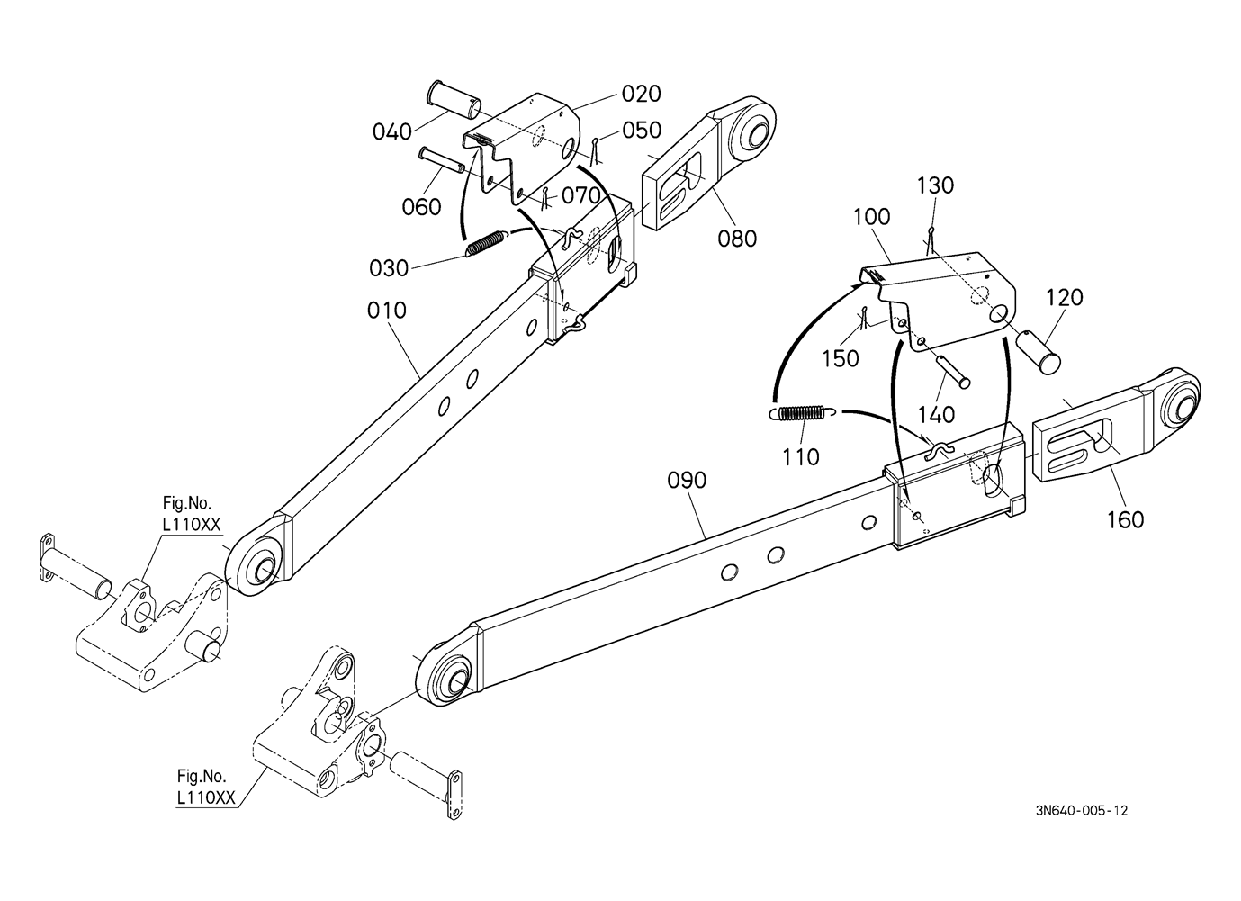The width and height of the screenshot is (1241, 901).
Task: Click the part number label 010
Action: click(x=387, y=311)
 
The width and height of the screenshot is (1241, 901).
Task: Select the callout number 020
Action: click(x=641, y=95)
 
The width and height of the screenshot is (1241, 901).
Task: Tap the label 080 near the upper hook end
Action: click(x=737, y=239)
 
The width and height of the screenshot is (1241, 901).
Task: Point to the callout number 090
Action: click(x=687, y=481)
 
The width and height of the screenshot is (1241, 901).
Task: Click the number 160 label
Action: click(x=1125, y=519)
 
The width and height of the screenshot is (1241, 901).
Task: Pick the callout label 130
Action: click(x=935, y=185)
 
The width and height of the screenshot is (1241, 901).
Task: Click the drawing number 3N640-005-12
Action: click(x=1082, y=810)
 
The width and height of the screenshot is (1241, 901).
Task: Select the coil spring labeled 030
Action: click(x=485, y=244)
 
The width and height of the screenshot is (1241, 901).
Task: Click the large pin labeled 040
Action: click(x=454, y=100)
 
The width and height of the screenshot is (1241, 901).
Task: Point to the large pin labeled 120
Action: click(x=1037, y=354)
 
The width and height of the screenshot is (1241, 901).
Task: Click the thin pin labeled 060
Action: click(x=442, y=159)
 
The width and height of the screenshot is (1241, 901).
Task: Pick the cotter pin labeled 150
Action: click(x=864, y=318)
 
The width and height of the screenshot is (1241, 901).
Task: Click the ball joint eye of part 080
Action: click(x=751, y=131)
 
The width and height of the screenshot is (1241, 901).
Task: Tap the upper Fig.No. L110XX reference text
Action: click(x=190, y=514)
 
